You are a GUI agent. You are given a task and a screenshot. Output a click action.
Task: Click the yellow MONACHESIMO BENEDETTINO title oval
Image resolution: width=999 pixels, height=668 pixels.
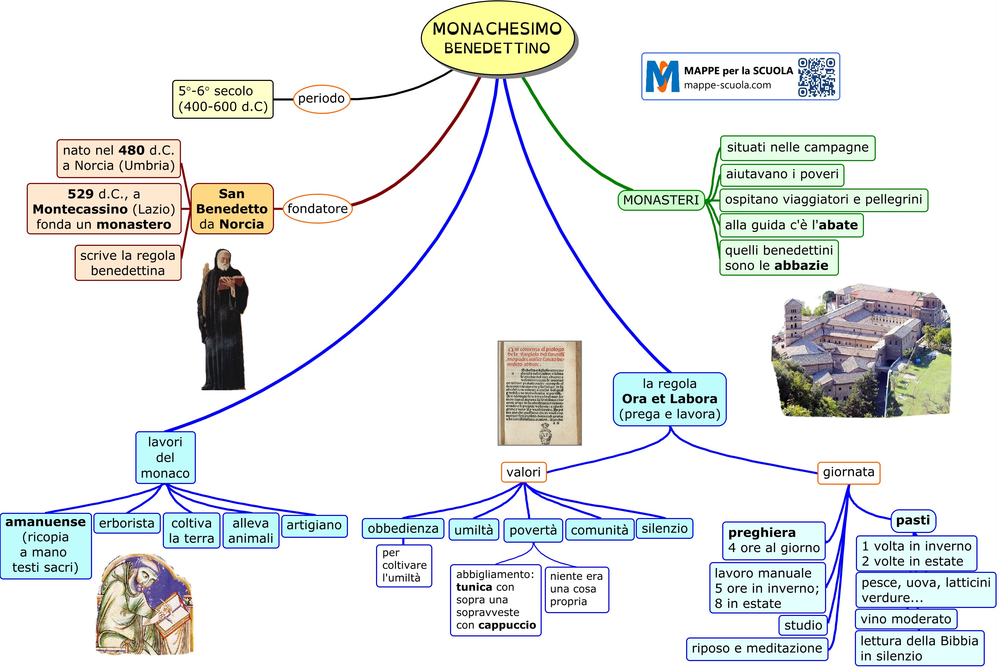[x=497, y=38]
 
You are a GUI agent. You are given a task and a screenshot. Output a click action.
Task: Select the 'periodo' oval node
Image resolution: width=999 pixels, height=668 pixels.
[x=322, y=99]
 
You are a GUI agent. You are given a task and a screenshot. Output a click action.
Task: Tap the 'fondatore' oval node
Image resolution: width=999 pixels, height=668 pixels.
[x=317, y=209]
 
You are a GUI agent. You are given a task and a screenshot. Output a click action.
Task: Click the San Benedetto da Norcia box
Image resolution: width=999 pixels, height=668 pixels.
[x=232, y=209]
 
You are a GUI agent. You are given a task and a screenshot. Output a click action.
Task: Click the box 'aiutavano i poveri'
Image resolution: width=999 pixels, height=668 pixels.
[x=782, y=175]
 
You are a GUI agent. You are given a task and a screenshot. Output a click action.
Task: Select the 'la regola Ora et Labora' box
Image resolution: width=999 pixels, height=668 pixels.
[x=669, y=399]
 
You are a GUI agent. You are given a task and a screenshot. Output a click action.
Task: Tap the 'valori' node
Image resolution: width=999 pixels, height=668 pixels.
[x=523, y=472]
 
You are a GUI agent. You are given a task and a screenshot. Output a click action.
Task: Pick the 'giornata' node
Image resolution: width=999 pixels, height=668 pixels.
[x=848, y=473]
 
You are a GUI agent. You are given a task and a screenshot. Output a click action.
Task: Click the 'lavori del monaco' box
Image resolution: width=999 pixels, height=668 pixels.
[x=165, y=458]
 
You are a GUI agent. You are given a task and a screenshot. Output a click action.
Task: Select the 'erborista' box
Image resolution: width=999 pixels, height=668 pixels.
[x=126, y=523]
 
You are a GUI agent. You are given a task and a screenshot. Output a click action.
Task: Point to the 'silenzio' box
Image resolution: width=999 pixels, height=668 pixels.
[x=664, y=529]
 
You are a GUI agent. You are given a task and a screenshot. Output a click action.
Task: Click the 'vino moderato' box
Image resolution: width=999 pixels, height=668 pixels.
[x=906, y=619]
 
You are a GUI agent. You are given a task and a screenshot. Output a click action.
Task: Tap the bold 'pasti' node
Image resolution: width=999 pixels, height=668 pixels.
[x=913, y=520]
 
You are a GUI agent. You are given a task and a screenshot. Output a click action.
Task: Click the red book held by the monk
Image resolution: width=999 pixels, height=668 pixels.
[x=231, y=282]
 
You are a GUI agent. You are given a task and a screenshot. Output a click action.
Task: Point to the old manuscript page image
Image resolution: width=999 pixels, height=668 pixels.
[x=539, y=393]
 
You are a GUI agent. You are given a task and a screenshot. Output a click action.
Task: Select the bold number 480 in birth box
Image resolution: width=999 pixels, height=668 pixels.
[x=132, y=150]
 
